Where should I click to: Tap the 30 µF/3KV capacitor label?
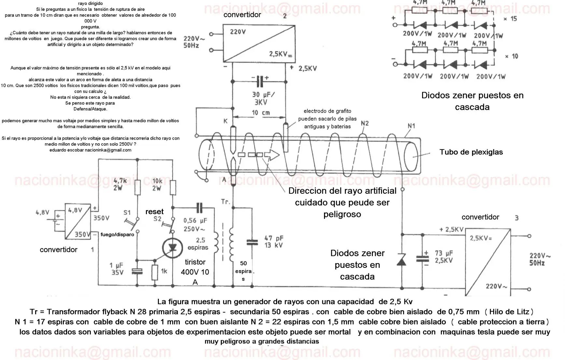tap(263, 98)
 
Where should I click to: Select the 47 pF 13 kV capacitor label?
tap(274, 242)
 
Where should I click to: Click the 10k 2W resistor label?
tap(157, 184)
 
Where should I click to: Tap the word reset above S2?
tap(154, 212)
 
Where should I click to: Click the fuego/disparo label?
tap(117, 234)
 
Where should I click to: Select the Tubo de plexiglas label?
tap(471, 152)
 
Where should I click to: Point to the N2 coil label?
tap(365, 123)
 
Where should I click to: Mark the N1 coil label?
tap(411, 126)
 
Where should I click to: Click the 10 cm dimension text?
tap(261, 113)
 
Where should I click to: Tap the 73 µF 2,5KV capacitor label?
tap(444, 257)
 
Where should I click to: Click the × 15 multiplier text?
tap(510, 19)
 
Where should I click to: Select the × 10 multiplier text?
tap(511, 56)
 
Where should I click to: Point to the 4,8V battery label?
tap(42, 212)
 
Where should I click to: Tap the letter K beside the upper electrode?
tap(225, 121)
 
